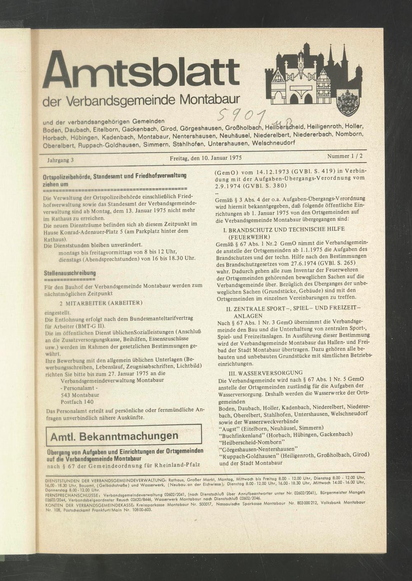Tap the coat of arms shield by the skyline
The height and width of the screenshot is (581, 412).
348,103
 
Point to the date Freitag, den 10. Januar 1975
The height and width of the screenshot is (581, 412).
205,158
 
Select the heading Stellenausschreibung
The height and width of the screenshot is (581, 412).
70,273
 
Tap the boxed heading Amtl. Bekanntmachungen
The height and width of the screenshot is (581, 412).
114,436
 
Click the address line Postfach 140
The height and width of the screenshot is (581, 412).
77,402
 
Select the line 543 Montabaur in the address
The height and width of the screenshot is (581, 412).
80,395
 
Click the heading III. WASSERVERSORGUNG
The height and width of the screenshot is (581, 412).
260,372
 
